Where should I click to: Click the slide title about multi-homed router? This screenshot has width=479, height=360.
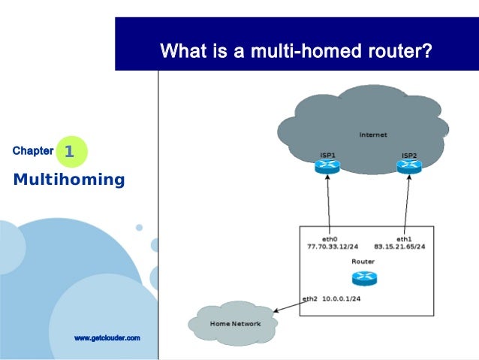click(296, 52)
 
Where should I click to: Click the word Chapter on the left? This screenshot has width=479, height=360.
click(33, 151)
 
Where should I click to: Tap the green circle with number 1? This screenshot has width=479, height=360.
click(71, 152)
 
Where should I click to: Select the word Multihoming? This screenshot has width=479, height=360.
click(68, 180)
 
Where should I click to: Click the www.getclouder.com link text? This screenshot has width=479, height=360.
click(107, 338)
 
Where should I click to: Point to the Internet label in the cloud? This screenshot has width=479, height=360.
click(373, 135)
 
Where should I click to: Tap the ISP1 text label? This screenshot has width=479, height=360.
click(327, 155)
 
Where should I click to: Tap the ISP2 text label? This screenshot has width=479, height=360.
click(409, 156)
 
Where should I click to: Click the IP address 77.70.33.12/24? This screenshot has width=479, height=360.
click(332, 246)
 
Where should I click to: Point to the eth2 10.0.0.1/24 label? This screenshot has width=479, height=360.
click(333, 298)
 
